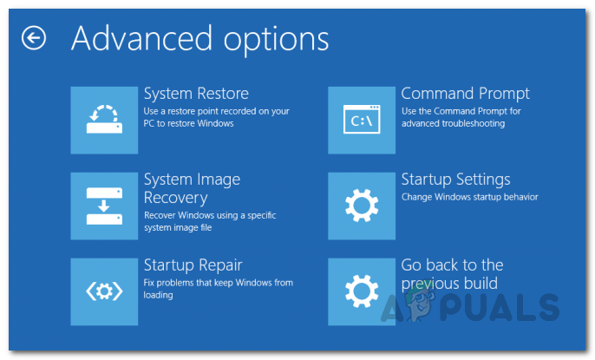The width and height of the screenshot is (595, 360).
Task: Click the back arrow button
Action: click(x=34, y=38)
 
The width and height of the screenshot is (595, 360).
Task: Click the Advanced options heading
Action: click(x=200, y=39)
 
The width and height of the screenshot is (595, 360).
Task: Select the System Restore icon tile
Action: click(x=104, y=120)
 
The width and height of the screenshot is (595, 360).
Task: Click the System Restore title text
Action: click(x=196, y=94)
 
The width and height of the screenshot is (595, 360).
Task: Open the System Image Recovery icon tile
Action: click(x=104, y=206)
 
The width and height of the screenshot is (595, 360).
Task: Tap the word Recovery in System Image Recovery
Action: click(x=176, y=198)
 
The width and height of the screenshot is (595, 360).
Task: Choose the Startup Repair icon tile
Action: click(x=104, y=291)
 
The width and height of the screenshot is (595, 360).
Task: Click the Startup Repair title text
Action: click(x=193, y=265)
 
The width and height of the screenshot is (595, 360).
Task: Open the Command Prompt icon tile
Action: click(x=362, y=120)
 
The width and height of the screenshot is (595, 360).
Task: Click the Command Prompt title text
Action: click(x=465, y=94)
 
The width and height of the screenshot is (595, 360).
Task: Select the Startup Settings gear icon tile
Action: click(x=362, y=206)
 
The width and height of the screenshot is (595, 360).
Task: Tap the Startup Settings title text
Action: click(x=455, y=180)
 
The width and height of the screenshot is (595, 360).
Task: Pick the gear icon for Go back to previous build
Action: click(x=362, y=291)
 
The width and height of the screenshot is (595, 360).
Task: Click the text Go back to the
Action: click(x=452, y=265)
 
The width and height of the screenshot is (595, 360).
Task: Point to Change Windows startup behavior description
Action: click(x=469, y=197)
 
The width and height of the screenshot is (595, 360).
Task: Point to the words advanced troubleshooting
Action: click(x=453, y=123)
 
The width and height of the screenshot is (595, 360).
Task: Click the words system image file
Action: click(x=178, y=228)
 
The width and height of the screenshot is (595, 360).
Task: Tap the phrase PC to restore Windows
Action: click(x=189, y=123)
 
